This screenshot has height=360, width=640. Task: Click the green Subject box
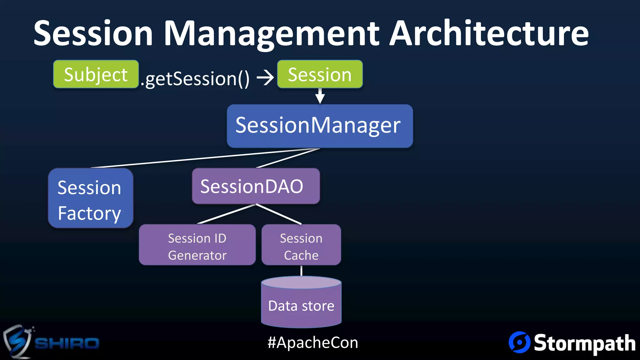[x=96, y=74]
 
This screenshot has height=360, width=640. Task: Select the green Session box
[x=320, y=74]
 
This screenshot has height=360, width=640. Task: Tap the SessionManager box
[x=320, y=126]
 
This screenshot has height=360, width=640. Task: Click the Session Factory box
[x=91, y=198]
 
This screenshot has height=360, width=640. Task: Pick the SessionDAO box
[x=256, y=186]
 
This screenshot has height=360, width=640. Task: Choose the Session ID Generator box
[x=197, y=245]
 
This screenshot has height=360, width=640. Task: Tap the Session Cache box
[x=301, y=245]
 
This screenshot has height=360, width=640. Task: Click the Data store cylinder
[x=301, y=305]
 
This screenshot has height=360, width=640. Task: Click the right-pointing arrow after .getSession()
[x=265, y=77]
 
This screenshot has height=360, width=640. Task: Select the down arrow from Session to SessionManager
[x=320, y=96]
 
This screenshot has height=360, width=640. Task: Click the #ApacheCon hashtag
[x=312, y=342]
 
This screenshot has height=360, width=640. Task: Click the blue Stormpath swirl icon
[x=519, y=342]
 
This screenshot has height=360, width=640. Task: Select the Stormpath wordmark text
[x=584, y=343]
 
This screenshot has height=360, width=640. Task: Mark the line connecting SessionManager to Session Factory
[x=203, y=158]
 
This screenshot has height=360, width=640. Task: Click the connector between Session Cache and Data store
[x=301, y=271]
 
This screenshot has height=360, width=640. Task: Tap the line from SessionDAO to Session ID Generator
[x=227, y=214]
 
